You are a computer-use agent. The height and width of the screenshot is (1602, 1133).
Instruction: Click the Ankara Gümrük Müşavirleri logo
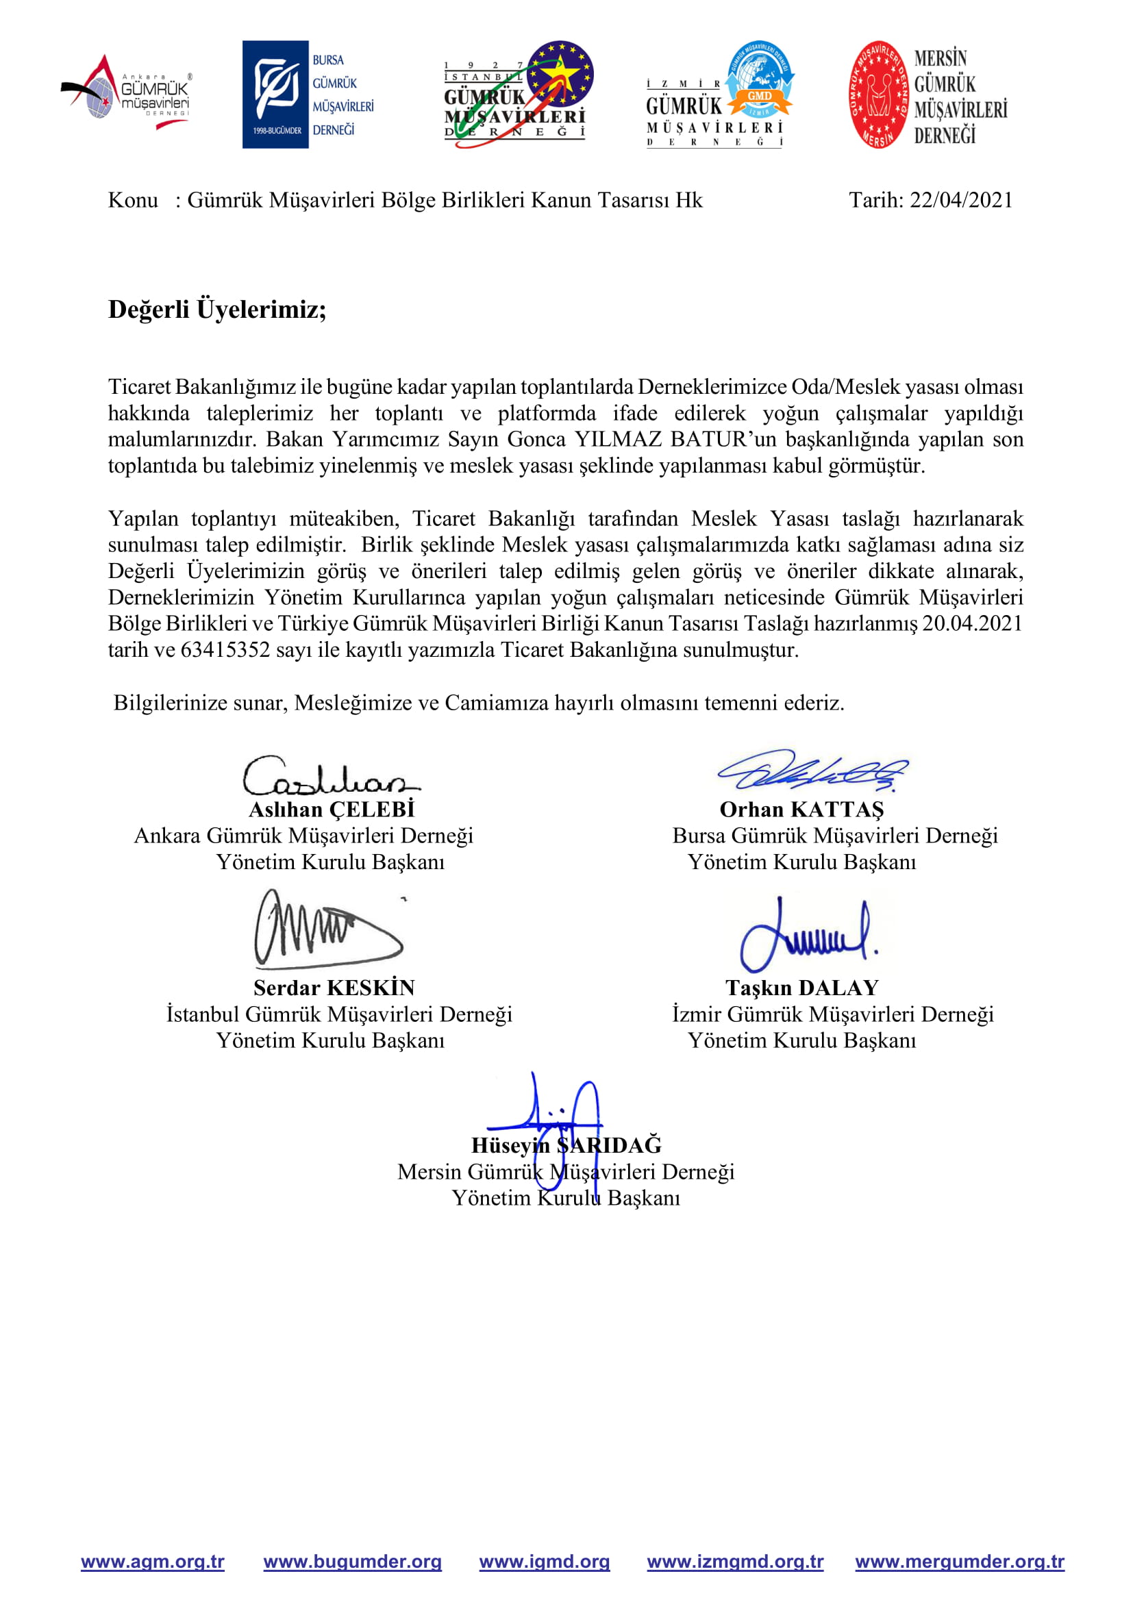(125, 92)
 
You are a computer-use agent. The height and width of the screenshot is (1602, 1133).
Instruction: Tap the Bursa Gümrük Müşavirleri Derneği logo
(308, 95)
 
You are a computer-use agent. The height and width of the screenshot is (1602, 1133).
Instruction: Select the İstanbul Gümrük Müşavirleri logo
(518, 95)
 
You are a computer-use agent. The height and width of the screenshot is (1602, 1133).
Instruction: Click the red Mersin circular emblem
(879, 95)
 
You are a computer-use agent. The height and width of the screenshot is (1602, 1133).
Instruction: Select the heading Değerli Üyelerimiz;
(217, 309)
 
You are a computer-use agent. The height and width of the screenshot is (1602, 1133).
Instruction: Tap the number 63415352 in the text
(225, 649)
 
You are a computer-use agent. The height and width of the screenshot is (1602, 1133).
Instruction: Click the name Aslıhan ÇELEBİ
(332, 810)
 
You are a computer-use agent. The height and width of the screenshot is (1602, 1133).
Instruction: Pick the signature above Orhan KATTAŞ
(813, 771)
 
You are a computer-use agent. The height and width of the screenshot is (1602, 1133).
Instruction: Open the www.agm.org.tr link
(153, 1562)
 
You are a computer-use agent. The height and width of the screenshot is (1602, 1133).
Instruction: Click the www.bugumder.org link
(352, 1562)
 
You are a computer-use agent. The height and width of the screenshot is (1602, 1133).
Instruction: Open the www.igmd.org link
(544, 1562)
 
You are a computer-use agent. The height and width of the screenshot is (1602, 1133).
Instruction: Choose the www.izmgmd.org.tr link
(735, 1562)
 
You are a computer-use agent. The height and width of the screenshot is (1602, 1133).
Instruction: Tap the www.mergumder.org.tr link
(959, 1562)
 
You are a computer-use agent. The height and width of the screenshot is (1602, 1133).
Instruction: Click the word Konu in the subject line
(133, 200)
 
